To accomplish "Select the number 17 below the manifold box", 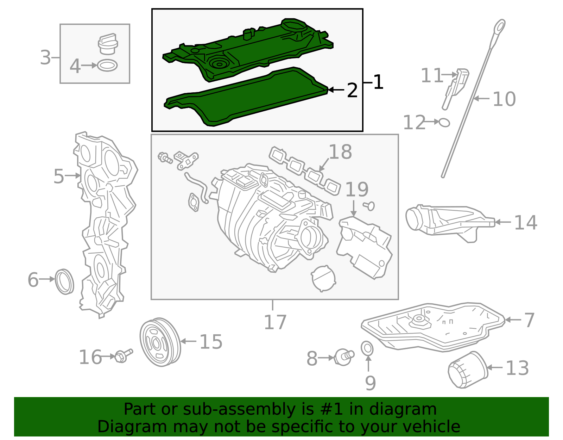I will [275, 322].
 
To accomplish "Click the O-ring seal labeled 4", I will [107, 66].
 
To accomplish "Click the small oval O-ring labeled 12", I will [444, 122].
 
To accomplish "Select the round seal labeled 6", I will [65, 281].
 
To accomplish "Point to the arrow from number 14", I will [503, 222].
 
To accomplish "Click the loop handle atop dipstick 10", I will [499, 27].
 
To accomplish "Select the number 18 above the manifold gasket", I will [340, 152].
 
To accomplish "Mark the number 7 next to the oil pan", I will [529, 320].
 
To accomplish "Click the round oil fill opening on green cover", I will [293, 26].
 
